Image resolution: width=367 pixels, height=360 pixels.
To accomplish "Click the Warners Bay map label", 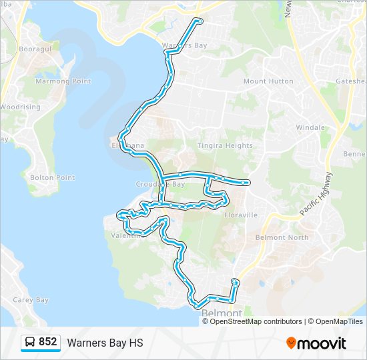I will pos(185,45).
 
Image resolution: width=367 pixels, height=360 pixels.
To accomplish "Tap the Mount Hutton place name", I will pos(268,81).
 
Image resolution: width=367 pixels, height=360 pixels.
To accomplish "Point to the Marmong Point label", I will pos(63,81).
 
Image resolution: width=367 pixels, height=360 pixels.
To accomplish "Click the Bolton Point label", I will pos(52,177).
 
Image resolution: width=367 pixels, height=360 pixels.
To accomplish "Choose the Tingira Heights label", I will pos(225,145).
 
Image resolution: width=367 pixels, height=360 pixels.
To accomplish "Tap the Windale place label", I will pos(310,127).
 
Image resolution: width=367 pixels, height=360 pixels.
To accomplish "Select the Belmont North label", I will pos(282,237).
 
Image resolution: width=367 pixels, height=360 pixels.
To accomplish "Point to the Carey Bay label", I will pos(31,300).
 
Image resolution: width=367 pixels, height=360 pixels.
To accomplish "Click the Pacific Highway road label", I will pos(316,194).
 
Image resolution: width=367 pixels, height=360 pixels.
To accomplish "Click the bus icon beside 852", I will pos(30,343).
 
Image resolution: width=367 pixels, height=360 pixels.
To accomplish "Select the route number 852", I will pos(47,343).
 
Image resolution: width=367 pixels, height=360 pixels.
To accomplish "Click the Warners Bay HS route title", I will pos(105,343).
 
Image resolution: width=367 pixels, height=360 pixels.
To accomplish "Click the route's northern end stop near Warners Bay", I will pos(199,21).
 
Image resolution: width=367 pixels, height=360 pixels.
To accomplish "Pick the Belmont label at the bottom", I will pos(221,313).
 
